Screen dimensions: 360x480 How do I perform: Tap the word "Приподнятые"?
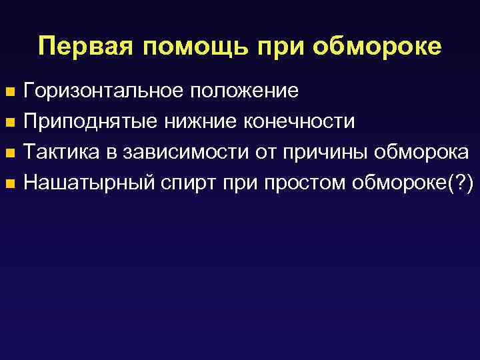tap(91, 121)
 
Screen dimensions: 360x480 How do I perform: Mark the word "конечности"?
tap(298, 121)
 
